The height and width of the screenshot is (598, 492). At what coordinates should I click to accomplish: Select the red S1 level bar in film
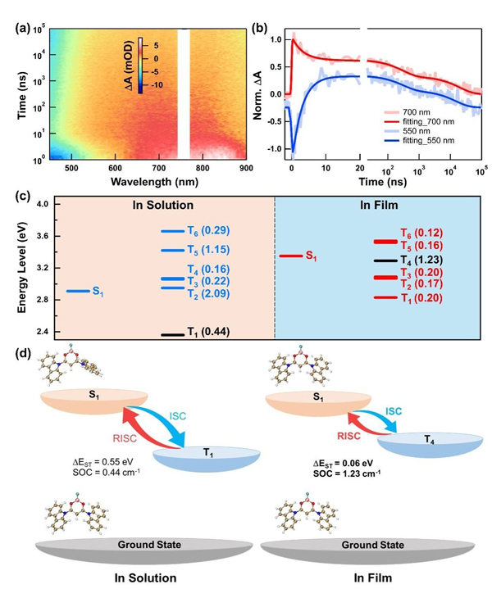tap(289, 256)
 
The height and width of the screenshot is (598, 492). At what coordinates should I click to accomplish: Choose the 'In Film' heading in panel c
tap(380, 206)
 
